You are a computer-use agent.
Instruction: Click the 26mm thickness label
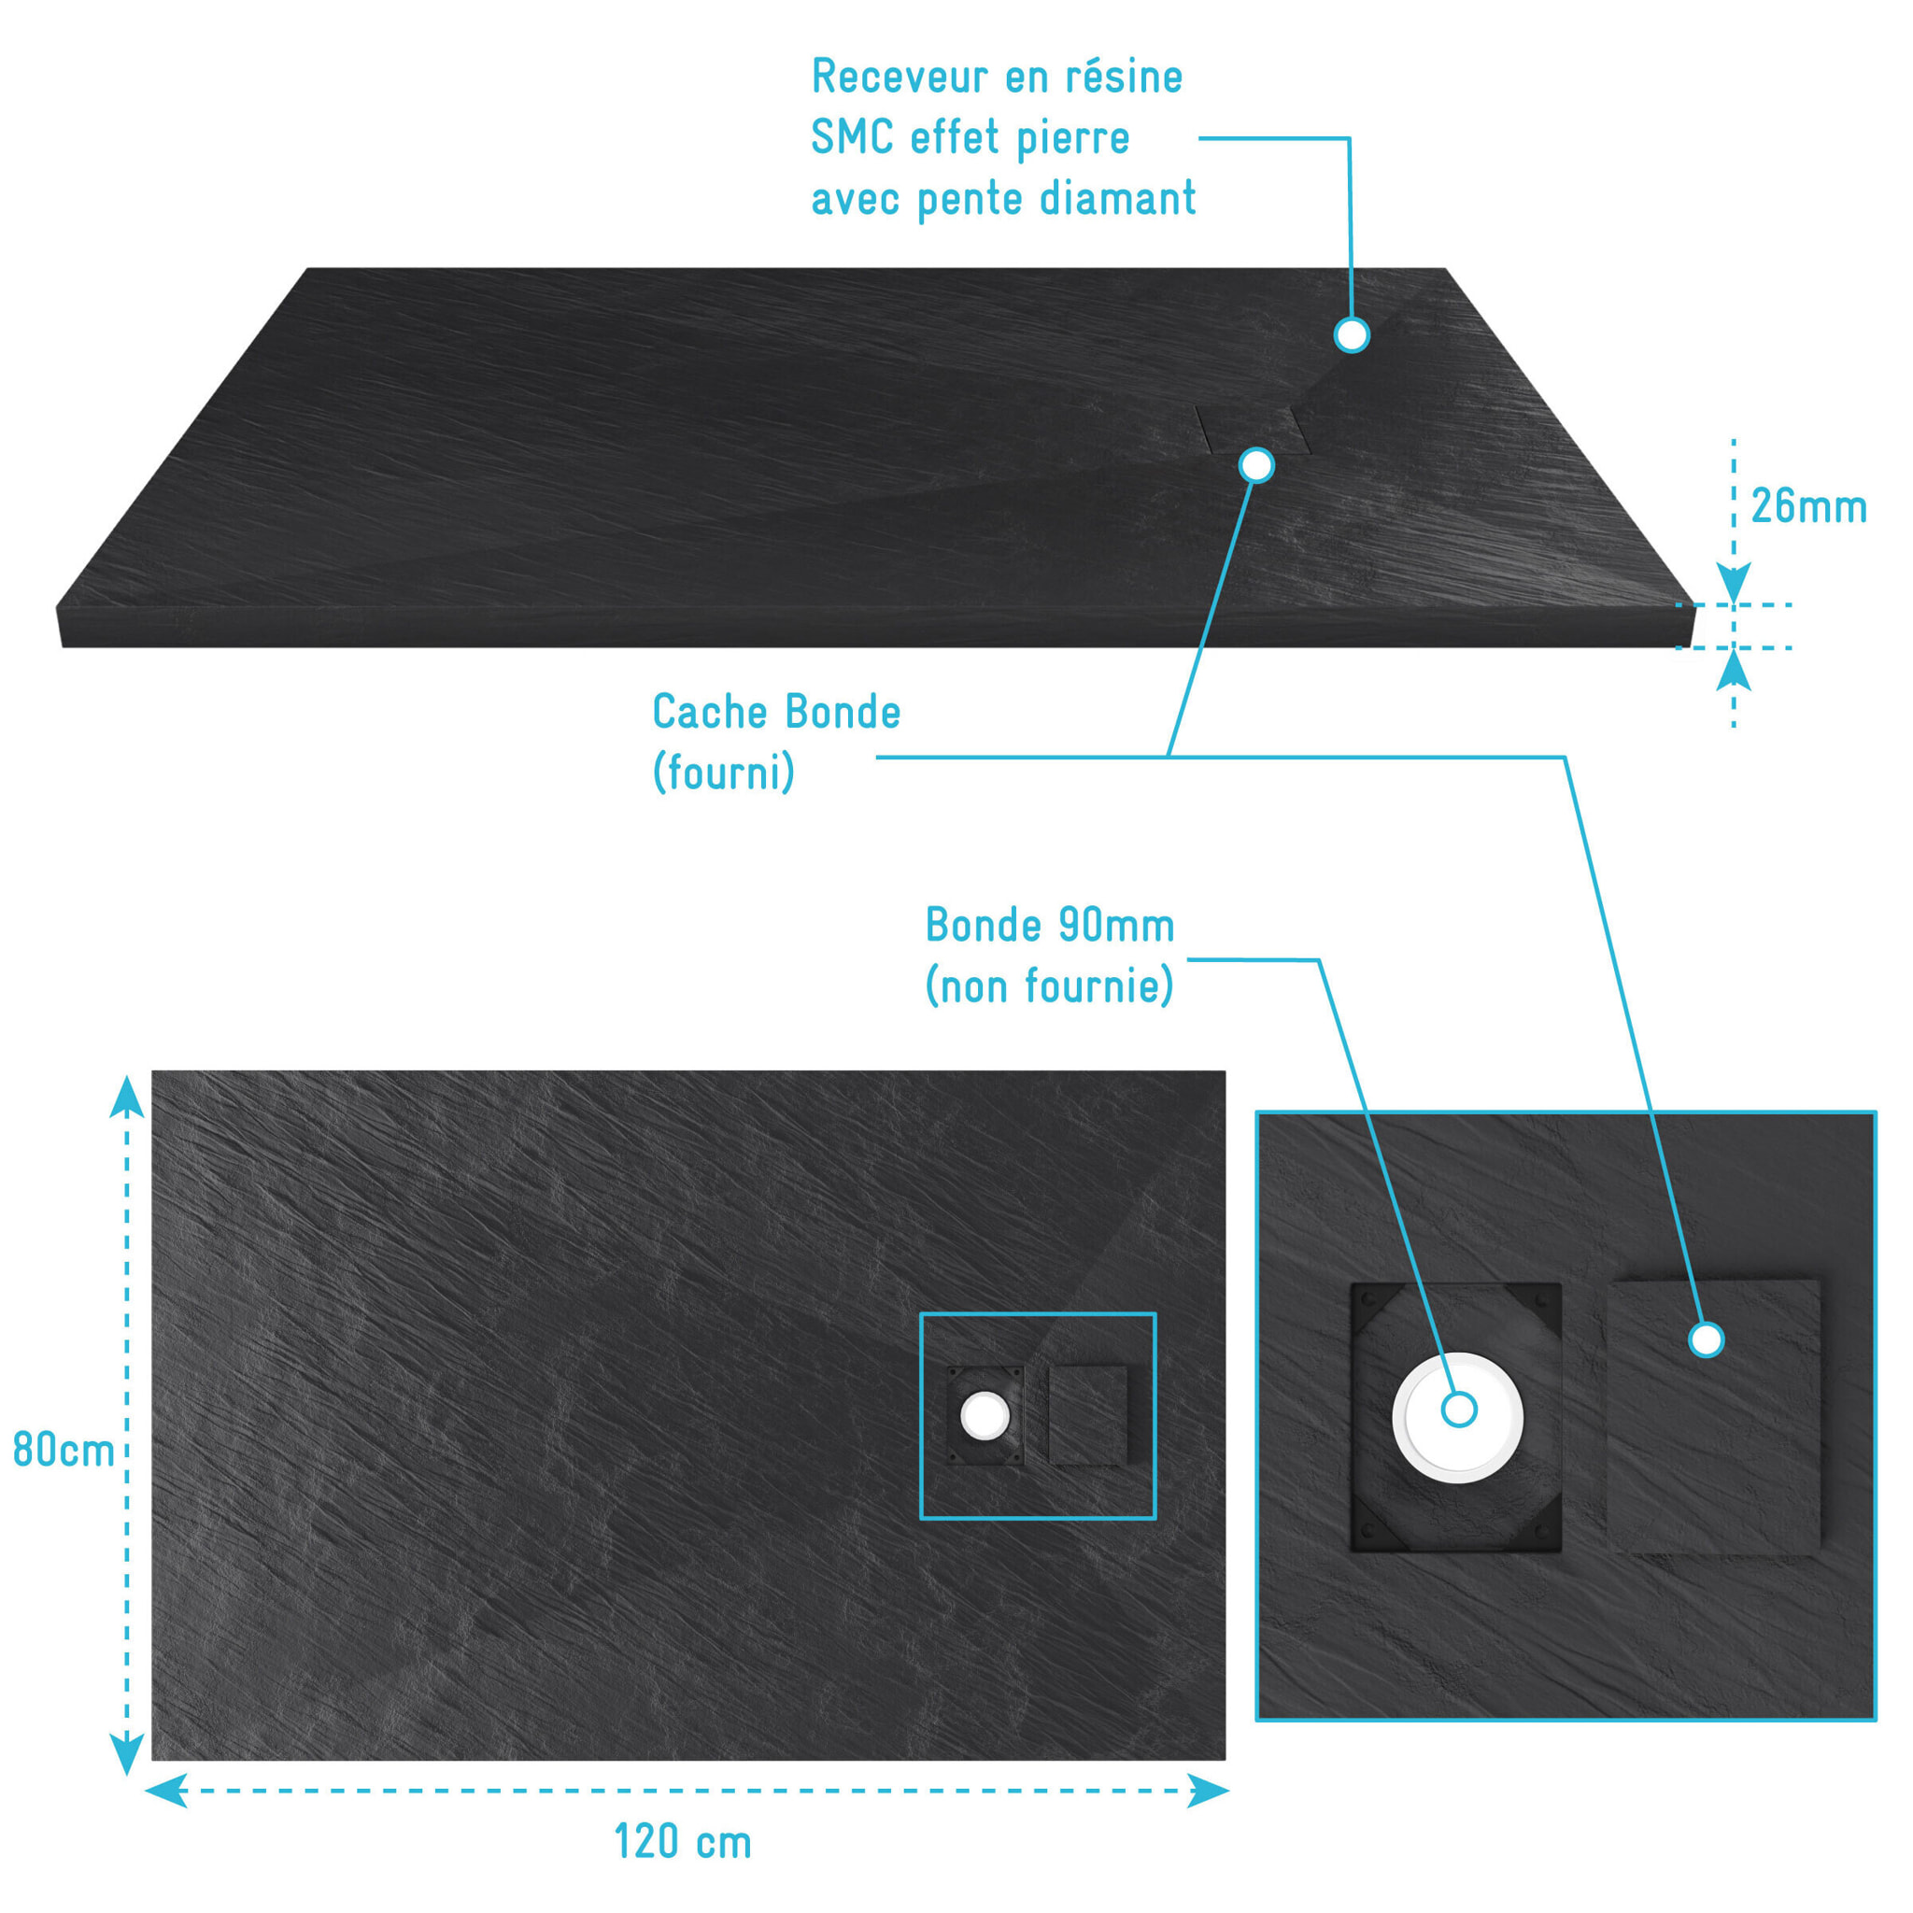point(1808,507)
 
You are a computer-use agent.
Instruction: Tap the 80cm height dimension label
point(64,1451)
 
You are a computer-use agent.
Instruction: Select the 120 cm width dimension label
point(683,1842)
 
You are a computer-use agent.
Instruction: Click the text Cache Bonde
point(776,712)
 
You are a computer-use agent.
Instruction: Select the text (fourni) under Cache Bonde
point(724,772)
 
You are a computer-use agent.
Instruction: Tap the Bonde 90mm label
point(1050,925)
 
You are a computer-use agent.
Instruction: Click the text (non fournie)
point(1050,986)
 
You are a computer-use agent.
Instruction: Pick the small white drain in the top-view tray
point(985,1415)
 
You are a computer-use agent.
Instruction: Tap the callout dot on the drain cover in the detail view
point(1706,1339)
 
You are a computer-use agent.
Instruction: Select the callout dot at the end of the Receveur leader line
point(1352,334)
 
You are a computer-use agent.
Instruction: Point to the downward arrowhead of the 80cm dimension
point(127,1753)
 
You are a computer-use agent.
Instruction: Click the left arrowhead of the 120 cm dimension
point(166,1791)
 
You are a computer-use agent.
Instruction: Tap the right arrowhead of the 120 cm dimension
point(1208,1791)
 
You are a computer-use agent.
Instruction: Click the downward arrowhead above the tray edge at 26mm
point(1733,582)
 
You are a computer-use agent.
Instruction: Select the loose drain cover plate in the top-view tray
point(1088,1416)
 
